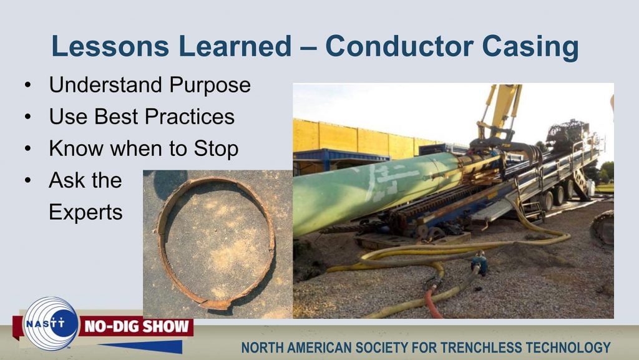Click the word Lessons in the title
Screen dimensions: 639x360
[x=110, y=46]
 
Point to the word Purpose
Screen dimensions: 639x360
[x=210, y=85]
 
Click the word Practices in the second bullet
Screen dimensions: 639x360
[x=190, y=117]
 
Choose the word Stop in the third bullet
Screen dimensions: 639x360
[x=216, y=149]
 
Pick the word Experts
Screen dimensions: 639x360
[x=85, y=213]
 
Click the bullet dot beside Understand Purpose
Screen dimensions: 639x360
[x=27, y=85]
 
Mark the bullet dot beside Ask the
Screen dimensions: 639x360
[x=27, y=180]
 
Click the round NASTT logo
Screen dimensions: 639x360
[x=51, y=324]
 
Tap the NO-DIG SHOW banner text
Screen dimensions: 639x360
[x=137, y=326]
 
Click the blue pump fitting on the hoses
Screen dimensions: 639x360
[x=480, y=263]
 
